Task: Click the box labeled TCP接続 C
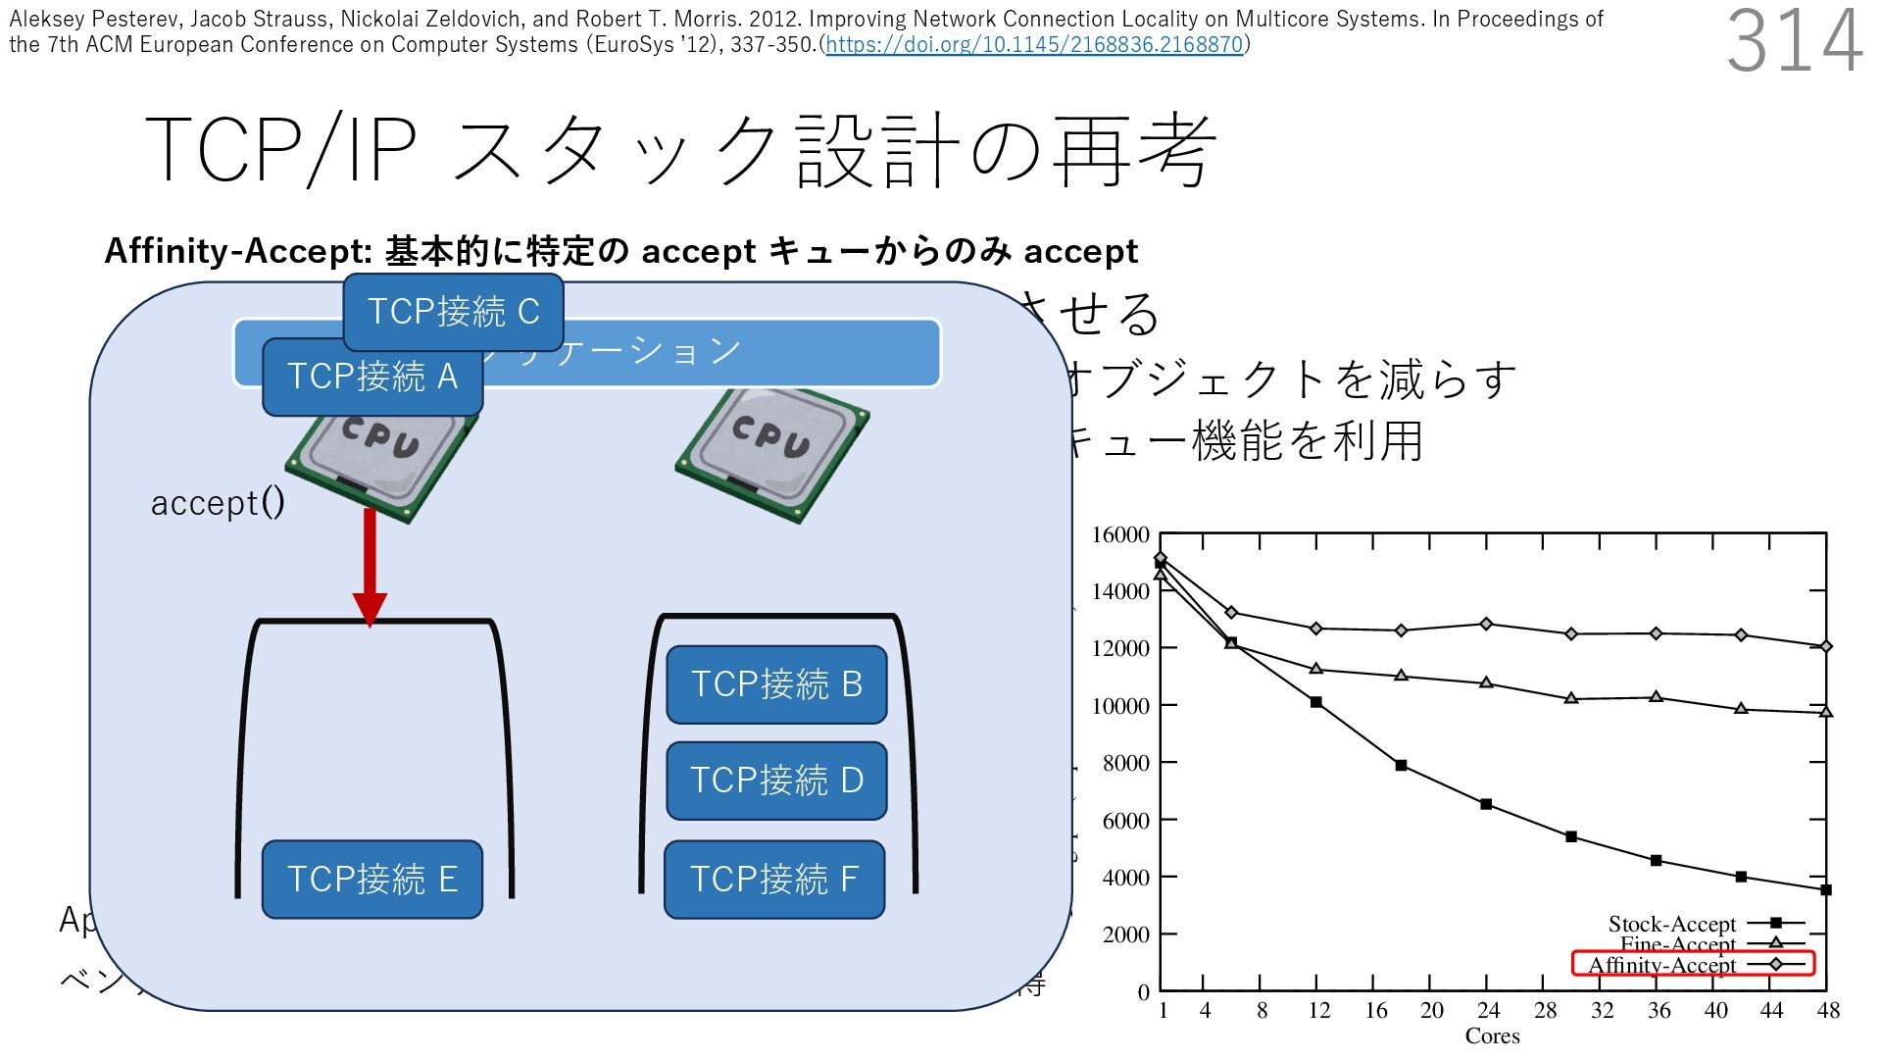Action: [x=453, y=312]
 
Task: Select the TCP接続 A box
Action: [x=372, y=377]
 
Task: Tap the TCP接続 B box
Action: [x=776, y=684]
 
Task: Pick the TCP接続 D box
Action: [x=776, y=781]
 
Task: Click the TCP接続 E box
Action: [x=372, y=879]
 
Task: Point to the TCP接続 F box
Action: [x=774, y=879]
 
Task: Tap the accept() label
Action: [x=218, y=502]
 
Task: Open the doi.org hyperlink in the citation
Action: [x=1034, y=44]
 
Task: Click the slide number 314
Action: [x=1794, y=41]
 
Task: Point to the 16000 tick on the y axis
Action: [x=1120, y=534]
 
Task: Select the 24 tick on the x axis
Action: [x=1488, y=1010]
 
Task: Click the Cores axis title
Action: [x=1492, y=1036]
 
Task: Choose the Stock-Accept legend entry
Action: [x=1672, y=924]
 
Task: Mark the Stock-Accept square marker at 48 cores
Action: [x=1826, y=890]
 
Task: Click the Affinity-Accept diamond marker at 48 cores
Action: [x=1826, y=646]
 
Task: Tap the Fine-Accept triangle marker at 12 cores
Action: [x=1316, y=669]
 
